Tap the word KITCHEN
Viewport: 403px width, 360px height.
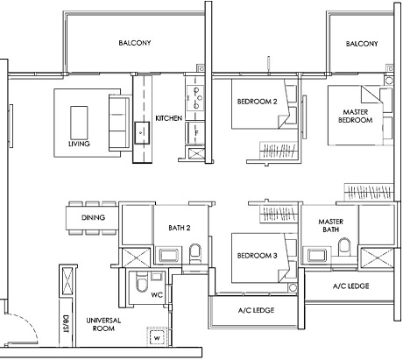(168, 118)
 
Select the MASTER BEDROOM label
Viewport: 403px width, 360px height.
(357, 115)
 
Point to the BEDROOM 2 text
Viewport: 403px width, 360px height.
(257, 101)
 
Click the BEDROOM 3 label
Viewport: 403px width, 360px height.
(258, 256)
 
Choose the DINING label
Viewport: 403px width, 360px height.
(93, 217)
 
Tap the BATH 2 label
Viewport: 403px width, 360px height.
(180, 228)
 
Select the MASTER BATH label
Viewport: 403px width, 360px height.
(330, 226)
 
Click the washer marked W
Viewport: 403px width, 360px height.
(157, 336)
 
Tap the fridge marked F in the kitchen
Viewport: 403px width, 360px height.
(196, 131)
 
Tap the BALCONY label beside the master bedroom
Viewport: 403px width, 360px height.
(361, 44)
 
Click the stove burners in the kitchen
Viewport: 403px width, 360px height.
(195, 93)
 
